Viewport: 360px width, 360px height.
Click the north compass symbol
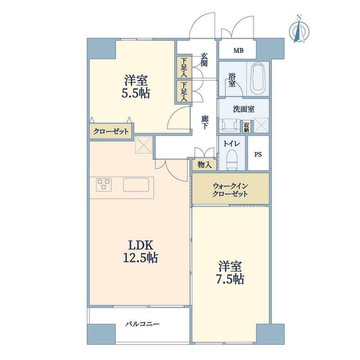pyautogui.click(x=299, y=29)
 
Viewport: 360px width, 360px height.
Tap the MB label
pyautogui.click(x=238, y=50)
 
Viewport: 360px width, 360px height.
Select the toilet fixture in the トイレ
pyautogui.click(x=231, y=160)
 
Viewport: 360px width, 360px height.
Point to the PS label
pyautogui.click(x=258, y=155)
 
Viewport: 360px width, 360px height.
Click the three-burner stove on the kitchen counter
pyautogui.click(x=104, y=184)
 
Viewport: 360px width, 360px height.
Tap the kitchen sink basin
pyautogui.click(x=136, y=185)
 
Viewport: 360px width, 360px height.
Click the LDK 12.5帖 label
pyautogui.click(x=140, y=251)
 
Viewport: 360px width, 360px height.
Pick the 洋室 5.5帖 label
pyautogui.click(x=136, y=86)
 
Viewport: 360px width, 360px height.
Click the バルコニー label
pyautogui.click(x=142, y=324)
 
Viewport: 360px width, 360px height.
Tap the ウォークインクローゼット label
pyautogui.click(x=230, y=190)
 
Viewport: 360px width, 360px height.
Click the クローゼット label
pyautogui.click(x=111, y=131)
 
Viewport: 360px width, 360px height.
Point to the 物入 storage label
pyautogui.click(x=205, y=165)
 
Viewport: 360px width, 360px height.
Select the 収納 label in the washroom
pyautogui.click(x=247, y=127)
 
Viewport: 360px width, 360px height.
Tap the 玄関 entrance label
pyautogui.click(x=204, y=60)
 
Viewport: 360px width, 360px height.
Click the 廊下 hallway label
pyautogui.click(x=204, y=122)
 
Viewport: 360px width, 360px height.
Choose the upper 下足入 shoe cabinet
pyautogui.click(x=184, y=67)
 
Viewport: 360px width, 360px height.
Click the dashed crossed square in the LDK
pyautogui.click(x=144, y=145)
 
